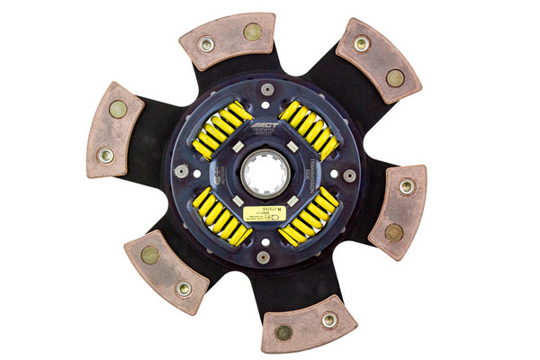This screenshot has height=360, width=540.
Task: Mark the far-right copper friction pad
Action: pos(399,210)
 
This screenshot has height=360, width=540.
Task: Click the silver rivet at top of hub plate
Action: pos(267,89)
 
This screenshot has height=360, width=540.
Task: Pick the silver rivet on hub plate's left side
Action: pos(183,171)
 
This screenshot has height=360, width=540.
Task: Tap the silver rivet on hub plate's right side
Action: pos(349,175)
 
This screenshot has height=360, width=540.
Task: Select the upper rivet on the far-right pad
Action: pos(407,187)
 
